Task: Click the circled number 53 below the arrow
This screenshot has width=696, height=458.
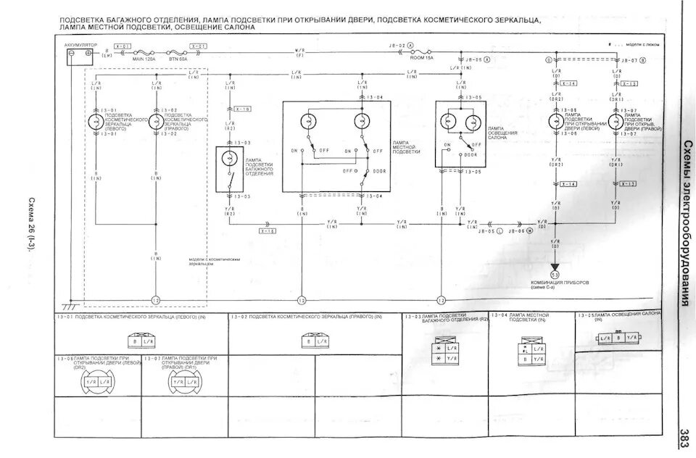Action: point(555,275)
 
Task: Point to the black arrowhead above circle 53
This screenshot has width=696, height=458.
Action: point(555,267)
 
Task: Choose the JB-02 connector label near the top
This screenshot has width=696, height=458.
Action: point(397,45)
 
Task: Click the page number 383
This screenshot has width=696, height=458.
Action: point(683,435)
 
